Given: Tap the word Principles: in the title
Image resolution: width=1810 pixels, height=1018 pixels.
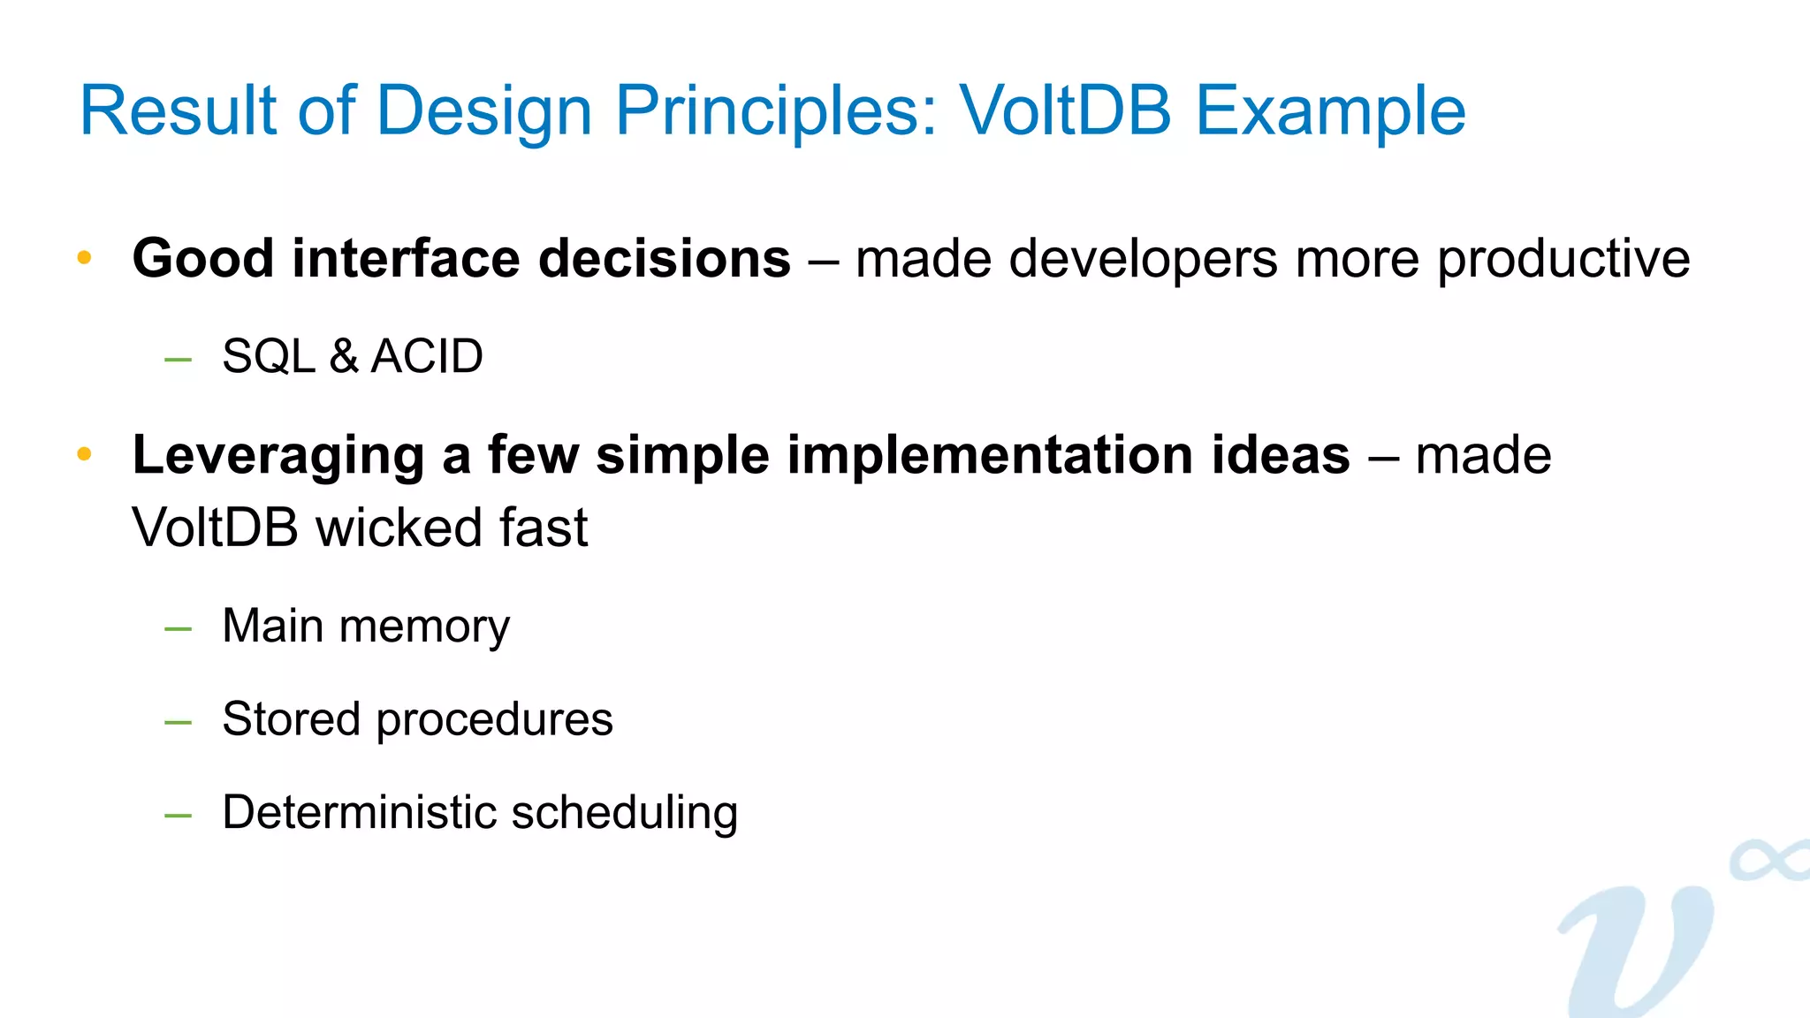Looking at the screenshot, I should (x=775, y=111).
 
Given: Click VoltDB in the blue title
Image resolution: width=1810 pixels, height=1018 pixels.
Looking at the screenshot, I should (x=1066, y=111).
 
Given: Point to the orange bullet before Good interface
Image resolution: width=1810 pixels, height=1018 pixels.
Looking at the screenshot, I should (x=85, y=258).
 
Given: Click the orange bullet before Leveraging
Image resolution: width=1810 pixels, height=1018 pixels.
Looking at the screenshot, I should (x=85, y=455).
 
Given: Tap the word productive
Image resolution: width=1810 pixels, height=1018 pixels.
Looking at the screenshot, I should (x=1563, y=259).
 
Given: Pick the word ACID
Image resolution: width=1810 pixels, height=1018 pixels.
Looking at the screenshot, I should (x=427, y=356).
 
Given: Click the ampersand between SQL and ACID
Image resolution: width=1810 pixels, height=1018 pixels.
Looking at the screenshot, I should (x=343, y=356).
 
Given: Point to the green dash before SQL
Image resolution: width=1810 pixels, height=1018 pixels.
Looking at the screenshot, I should (x=179, y=360).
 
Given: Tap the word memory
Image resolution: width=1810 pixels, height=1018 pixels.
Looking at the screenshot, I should (x=424, y=627).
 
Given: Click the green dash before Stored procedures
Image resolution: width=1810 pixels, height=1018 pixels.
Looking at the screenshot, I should (x=179, y=723).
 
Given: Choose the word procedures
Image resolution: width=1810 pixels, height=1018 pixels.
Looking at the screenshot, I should (x=494, y=719).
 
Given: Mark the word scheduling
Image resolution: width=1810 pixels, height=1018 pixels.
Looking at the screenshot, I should (x=624, y=813).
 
